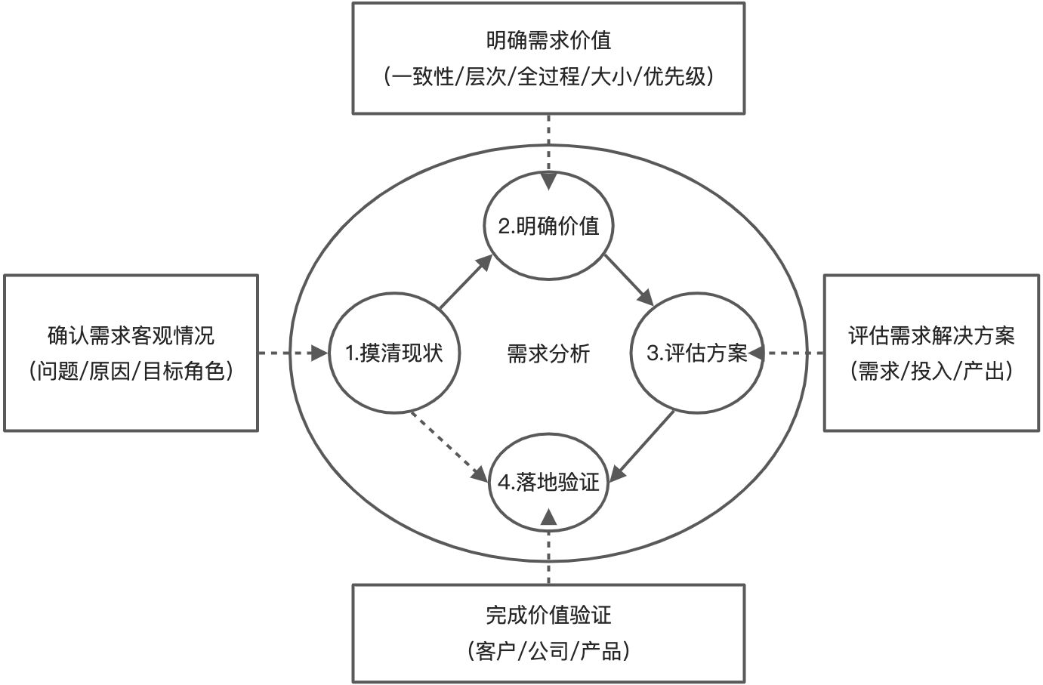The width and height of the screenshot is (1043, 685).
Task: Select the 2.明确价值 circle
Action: pos(548,226)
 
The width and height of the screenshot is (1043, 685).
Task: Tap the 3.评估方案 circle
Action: pos(696,353)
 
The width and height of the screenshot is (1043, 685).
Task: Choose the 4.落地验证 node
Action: pos(548,482)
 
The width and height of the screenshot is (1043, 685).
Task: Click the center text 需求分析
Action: pos(548,353)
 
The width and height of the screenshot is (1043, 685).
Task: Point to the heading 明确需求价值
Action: pos(548,39)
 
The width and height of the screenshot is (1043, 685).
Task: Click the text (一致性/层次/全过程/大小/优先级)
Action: pos(548,76)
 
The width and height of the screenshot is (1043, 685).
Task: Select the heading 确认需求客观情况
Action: pos(131,335)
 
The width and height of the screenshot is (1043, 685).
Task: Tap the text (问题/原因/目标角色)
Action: pos(131,371)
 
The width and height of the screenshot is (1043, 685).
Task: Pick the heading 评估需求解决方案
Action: pos(931,335)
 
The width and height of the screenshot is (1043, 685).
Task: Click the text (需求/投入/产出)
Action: pos(931,371)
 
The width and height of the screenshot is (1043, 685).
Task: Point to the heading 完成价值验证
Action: pos(548,615)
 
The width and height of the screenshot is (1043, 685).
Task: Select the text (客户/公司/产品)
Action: pos(548,650)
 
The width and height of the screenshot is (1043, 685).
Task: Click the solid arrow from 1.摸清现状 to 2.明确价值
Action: pos(466,282)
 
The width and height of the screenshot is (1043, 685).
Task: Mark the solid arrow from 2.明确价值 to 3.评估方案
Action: pos(629,279)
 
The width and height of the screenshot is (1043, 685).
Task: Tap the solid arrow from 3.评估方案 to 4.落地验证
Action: pos(641,445)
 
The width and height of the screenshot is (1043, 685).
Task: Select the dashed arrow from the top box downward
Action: pos(549,147)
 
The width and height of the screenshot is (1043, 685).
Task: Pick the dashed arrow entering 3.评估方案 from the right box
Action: pos(789,353)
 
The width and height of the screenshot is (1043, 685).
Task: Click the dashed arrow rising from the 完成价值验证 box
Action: pos(549,549)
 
